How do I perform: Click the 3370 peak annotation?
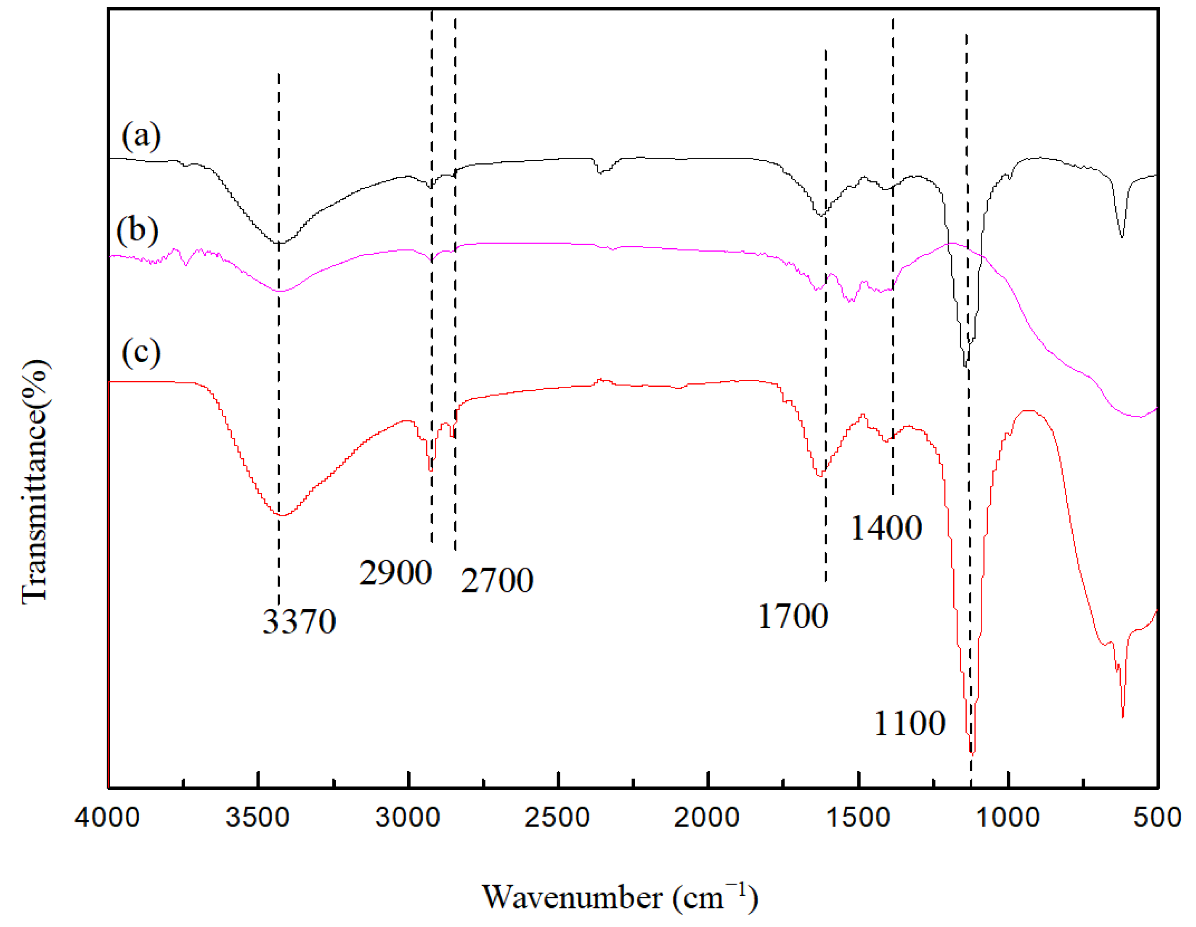coord(299,621)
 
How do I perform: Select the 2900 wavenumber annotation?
coord(395,573)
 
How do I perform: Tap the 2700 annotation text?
coord(497,580)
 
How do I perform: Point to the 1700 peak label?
coord(793,616)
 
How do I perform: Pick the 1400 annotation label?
coord(886,528)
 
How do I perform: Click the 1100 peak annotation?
coord(910,723)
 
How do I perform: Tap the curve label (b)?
coord(138,230)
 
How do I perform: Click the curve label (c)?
coord(141,352)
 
